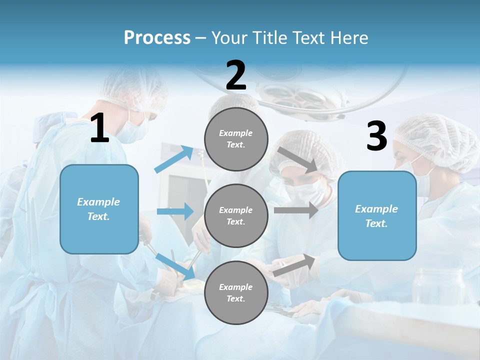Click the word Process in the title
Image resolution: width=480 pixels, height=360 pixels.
157,38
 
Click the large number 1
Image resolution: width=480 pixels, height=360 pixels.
99,128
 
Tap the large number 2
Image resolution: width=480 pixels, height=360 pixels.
236,75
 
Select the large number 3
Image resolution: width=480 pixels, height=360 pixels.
376,136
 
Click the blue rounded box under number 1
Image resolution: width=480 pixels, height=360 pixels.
99,209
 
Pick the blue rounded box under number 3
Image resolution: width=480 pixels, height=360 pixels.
377,216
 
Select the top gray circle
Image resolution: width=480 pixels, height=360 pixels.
236,139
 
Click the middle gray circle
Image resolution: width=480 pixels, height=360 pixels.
236,216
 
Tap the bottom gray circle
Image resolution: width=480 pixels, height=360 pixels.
236,293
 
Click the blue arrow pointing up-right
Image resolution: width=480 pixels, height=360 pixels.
174,159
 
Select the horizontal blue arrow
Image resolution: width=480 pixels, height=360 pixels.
175,211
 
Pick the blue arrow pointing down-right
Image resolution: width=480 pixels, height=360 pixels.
175,265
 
